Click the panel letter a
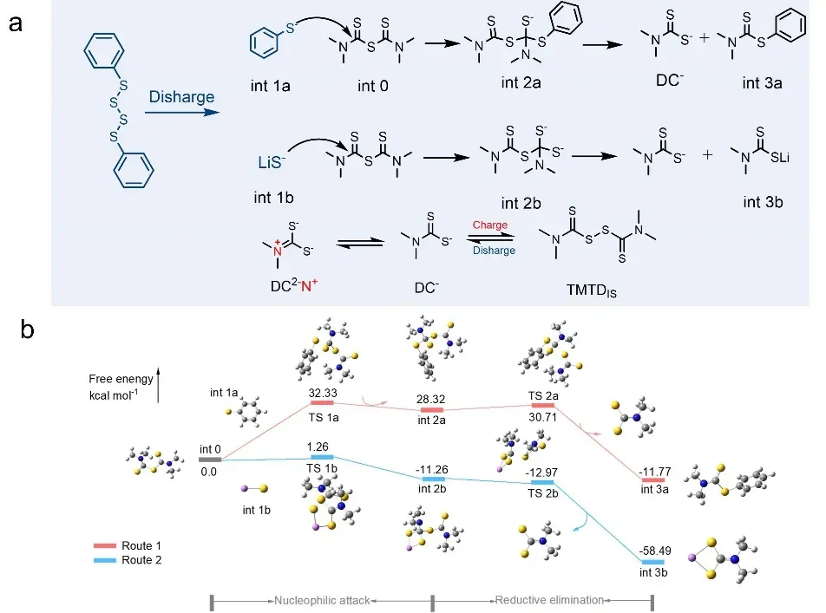[x=16, y=23]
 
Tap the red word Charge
[x=489, y=225]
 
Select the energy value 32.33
[x=322, y=391]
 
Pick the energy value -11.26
[x=433, y=466]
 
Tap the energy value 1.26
[x=322, y=445]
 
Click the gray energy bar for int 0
[x=209, y=460]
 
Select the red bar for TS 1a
[x=322, y=402]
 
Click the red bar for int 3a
[x=652, y=479]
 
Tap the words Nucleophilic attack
[x=322, y=599]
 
